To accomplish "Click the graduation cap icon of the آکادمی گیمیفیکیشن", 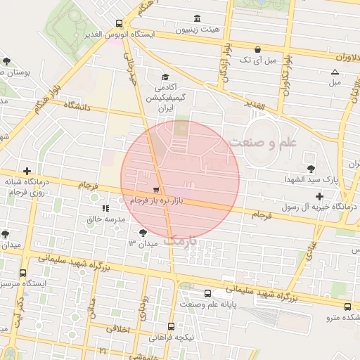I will [165, 77].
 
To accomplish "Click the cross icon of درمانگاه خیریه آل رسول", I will [320, 195].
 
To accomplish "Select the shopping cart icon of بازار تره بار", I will [155, 190].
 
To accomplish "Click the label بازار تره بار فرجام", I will [156, 202].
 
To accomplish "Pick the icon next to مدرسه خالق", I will [105, 208].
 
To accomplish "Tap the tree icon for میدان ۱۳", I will [143, 231].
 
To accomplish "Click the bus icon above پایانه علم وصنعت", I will [207, 293].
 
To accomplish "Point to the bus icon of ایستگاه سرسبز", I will [23, 273].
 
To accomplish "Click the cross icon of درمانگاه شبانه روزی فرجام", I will [27, 171].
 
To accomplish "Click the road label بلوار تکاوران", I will [287, 74].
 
